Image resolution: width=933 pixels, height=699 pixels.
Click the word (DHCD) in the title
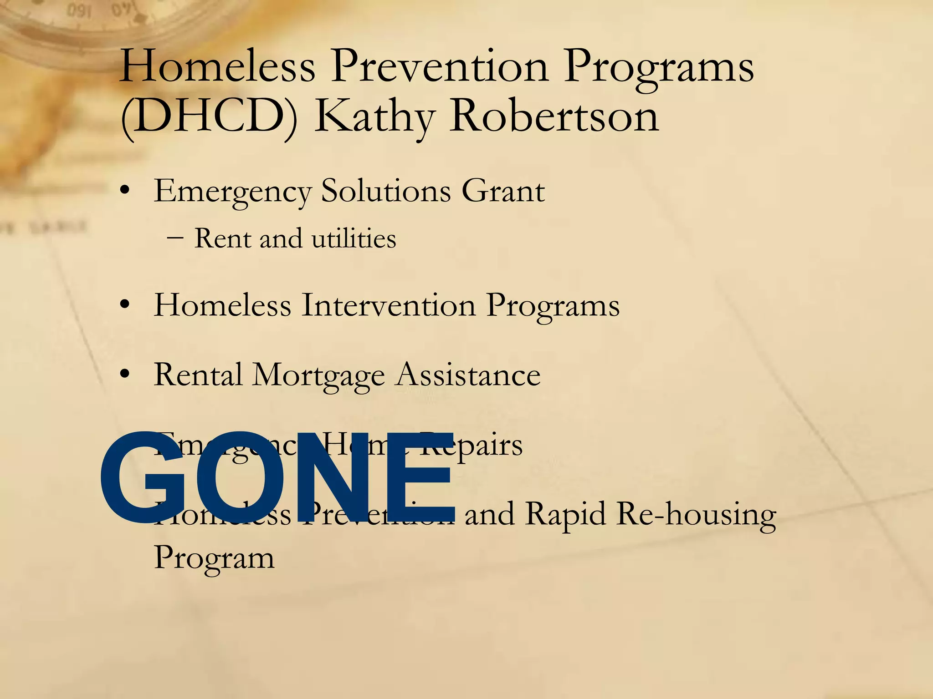point(209,116)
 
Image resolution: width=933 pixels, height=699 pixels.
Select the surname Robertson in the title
point(554,116)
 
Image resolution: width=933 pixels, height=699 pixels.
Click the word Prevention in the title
point(440,67)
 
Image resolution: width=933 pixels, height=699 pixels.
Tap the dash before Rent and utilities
point(175,238)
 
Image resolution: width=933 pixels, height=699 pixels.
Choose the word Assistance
point(468,375)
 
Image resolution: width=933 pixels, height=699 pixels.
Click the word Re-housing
point(697,514)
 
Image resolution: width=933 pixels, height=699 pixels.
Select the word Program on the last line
point(214,557)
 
